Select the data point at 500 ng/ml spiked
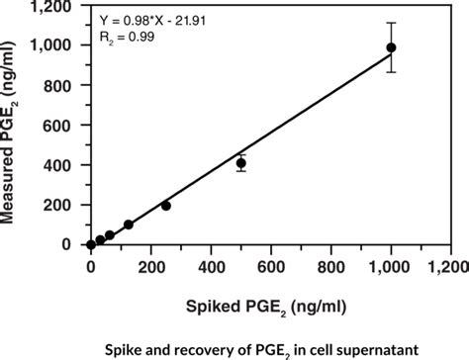coord(240,162)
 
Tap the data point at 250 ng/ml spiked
coord(165,206)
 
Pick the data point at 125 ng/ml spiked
coord(129,225)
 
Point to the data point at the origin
coord(91,244)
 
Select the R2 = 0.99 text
coord(123,36)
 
